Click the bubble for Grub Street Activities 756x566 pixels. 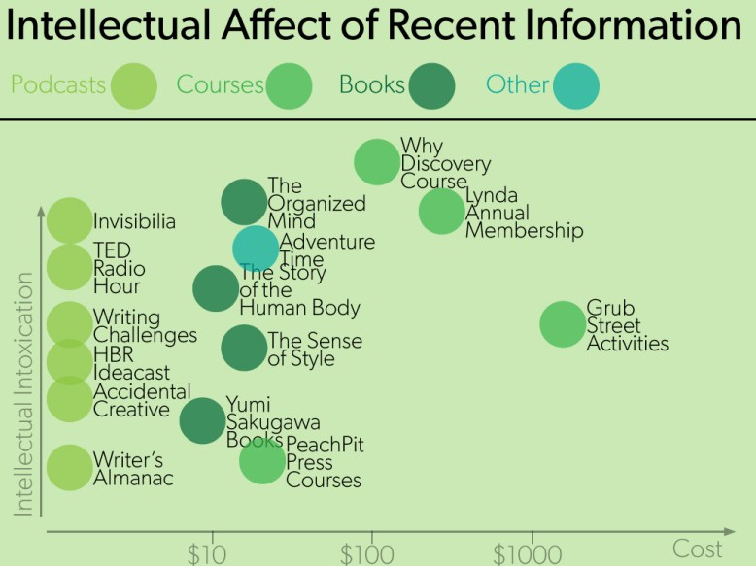562,324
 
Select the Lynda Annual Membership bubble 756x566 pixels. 442,212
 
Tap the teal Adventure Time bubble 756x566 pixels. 256,248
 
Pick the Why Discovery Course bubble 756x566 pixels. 377,161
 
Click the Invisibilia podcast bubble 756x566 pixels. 69,220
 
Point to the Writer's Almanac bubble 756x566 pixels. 69,467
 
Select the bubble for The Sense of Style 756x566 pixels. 244,348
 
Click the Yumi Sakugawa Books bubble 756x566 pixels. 202,420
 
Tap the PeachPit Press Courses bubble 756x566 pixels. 262,461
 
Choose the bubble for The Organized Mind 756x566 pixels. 244,202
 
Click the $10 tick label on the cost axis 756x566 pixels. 206,554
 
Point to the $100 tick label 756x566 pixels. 368,554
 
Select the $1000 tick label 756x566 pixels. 528,554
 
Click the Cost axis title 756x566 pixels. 698,549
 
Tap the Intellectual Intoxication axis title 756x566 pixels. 24,393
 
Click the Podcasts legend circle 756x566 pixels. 133,85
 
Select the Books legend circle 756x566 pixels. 431,85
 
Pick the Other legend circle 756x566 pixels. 575,85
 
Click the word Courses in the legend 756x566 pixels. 220,85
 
